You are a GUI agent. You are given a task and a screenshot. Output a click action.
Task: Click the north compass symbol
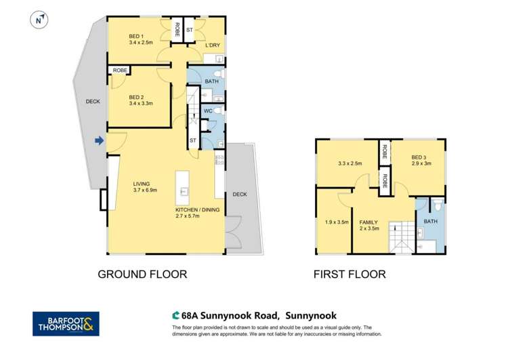39,20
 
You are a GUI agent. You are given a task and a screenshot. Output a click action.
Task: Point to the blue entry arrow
99,141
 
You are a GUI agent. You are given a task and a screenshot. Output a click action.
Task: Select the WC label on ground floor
208,111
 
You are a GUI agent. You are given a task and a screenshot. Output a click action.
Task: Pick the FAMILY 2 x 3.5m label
369,225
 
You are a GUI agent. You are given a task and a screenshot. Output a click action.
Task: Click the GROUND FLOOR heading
142,275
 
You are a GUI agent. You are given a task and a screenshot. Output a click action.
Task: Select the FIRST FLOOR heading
349,275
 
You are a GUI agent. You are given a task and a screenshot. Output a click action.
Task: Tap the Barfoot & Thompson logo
66,324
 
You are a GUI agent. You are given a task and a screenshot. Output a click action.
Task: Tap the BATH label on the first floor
430,222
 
